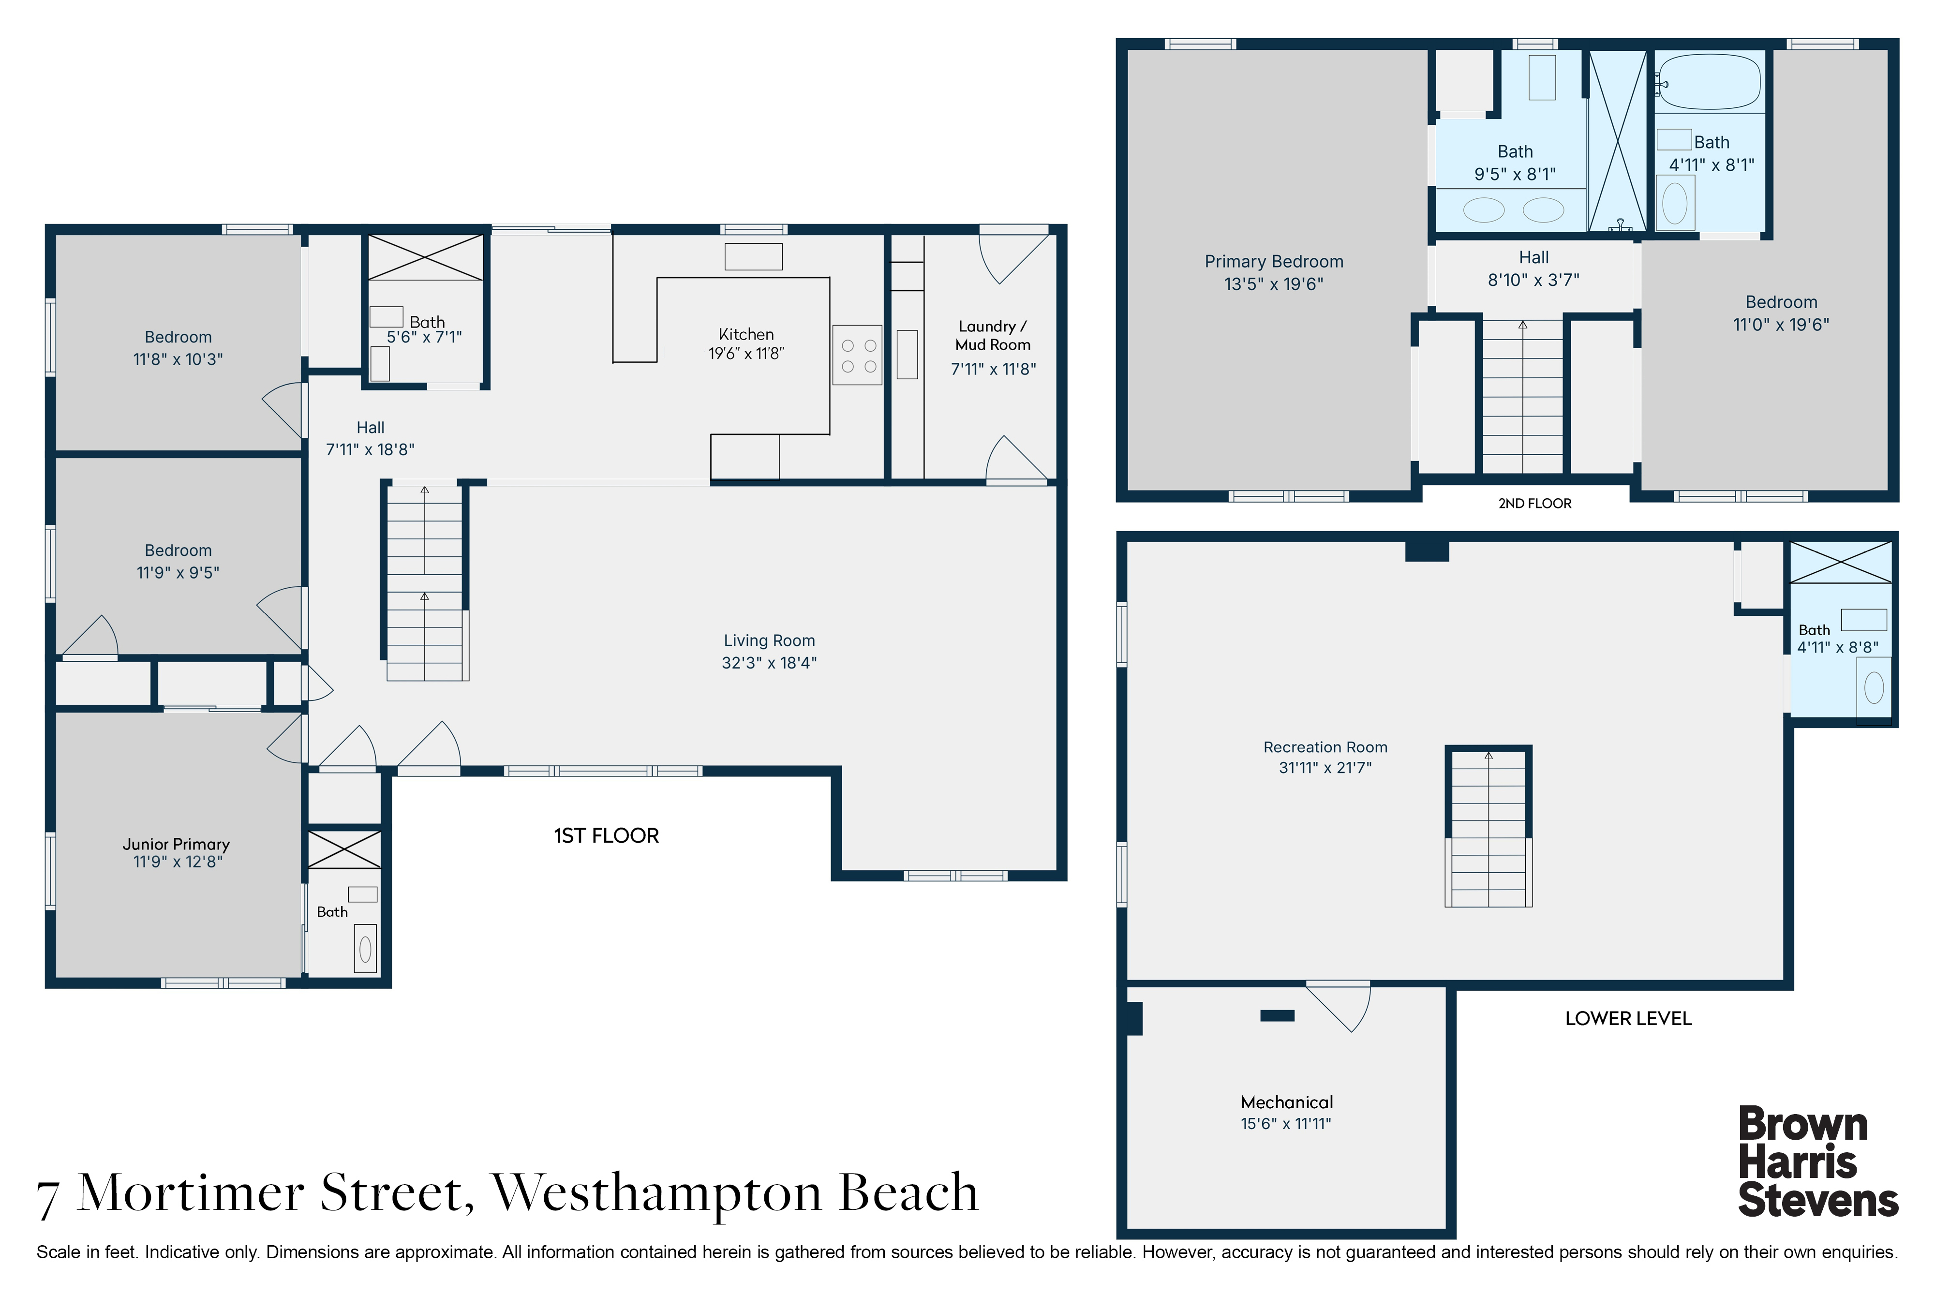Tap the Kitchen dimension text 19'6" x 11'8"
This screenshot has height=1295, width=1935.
746,354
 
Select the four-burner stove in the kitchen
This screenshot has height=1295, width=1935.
857,355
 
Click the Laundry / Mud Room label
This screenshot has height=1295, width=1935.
993,335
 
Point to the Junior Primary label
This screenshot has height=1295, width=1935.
176,844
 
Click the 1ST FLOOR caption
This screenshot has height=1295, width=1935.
606,836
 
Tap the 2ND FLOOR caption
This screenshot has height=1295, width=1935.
1534,503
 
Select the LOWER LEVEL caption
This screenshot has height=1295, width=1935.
1628,1018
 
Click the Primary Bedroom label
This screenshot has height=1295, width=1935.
1274,262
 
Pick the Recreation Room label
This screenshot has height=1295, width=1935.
1325,747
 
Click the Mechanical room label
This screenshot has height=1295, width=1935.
1287,1102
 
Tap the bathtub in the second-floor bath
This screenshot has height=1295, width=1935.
1709,82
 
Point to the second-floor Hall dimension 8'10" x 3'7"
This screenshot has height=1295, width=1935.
1533,280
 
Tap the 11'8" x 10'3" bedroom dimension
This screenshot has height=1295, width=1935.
178,359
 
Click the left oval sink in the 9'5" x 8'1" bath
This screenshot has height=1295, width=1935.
1483,210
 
